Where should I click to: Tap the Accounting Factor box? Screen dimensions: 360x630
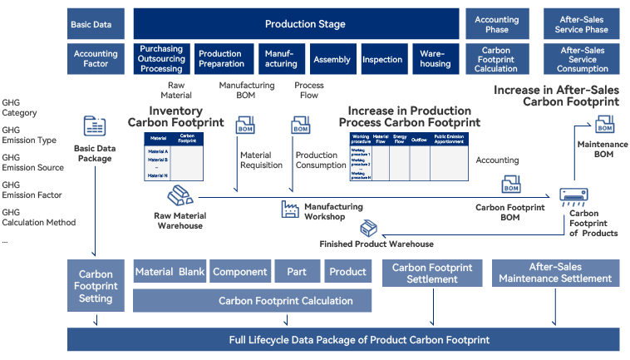point(96,59)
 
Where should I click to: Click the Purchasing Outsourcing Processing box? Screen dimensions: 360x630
point(161,59)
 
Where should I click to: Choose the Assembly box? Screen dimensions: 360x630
point(332,59)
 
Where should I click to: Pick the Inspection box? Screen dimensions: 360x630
point(382,59)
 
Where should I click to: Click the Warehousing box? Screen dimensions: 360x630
point(435,59)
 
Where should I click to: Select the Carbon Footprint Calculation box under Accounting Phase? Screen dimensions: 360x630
point(496,59)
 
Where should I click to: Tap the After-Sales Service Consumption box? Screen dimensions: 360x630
point(583,59)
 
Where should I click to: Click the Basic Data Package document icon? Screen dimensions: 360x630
point(94,127)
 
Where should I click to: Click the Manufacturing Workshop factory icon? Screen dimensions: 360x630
point(290,209)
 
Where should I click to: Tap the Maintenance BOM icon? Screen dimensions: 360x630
point(604,125)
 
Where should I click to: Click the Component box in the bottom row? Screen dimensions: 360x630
point(240,272)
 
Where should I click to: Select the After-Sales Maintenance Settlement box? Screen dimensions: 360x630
point(554,273)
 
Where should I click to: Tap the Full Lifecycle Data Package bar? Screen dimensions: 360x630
point(343,340)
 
